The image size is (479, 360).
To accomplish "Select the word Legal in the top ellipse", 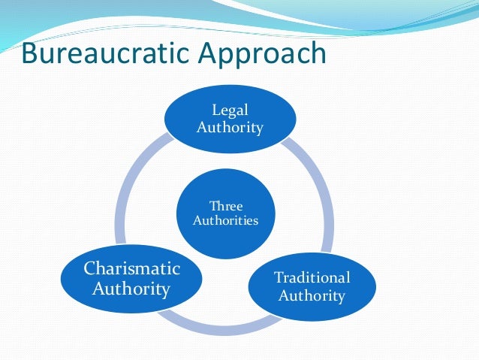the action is [230, 111].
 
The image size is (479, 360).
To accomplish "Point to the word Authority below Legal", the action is [230, 127].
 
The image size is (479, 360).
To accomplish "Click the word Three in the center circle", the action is [226, 205].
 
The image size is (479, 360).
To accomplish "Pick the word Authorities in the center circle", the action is [226, 221].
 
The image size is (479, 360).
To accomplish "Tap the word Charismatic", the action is [131, 268].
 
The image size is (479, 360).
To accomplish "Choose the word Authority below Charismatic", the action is [131, 288].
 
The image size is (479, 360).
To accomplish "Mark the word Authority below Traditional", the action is [312, 295].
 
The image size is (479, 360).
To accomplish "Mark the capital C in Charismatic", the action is [90, 268].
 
